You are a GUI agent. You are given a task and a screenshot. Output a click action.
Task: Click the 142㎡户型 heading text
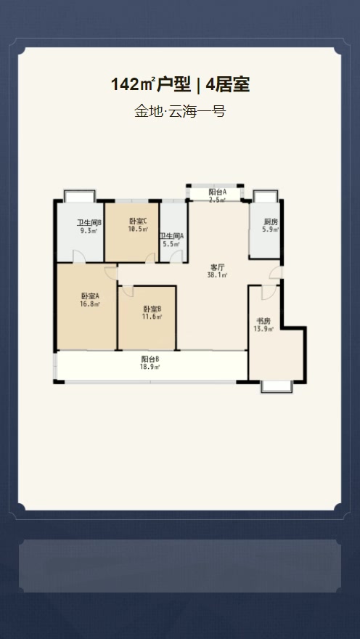[x=151, y=85]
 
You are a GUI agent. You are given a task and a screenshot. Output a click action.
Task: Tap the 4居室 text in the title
[x=228, y=85]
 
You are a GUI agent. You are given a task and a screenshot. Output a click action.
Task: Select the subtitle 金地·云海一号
[x=180, y=111]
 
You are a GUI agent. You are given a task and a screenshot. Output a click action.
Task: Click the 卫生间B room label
[x=89, y=223]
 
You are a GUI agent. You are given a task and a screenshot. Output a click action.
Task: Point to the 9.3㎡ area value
[x=89, y=230]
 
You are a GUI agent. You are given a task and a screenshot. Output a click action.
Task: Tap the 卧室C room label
[x=138, y=221]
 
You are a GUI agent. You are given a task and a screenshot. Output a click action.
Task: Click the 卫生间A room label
[x=171, y=236]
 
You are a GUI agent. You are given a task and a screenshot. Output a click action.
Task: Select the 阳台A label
[x=218, y=192]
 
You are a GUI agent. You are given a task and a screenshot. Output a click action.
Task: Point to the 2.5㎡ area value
[x=218, y=199]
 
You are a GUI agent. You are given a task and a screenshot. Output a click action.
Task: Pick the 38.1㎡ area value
[x=218, y=275]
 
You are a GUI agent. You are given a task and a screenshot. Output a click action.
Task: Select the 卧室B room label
[x=152, y=309]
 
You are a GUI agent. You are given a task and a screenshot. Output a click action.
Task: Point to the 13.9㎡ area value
[x=263, y=329]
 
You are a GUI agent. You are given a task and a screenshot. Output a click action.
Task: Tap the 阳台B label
[x=150, y=359]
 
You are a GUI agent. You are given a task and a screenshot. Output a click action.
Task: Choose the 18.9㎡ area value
[x=150, y=367]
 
